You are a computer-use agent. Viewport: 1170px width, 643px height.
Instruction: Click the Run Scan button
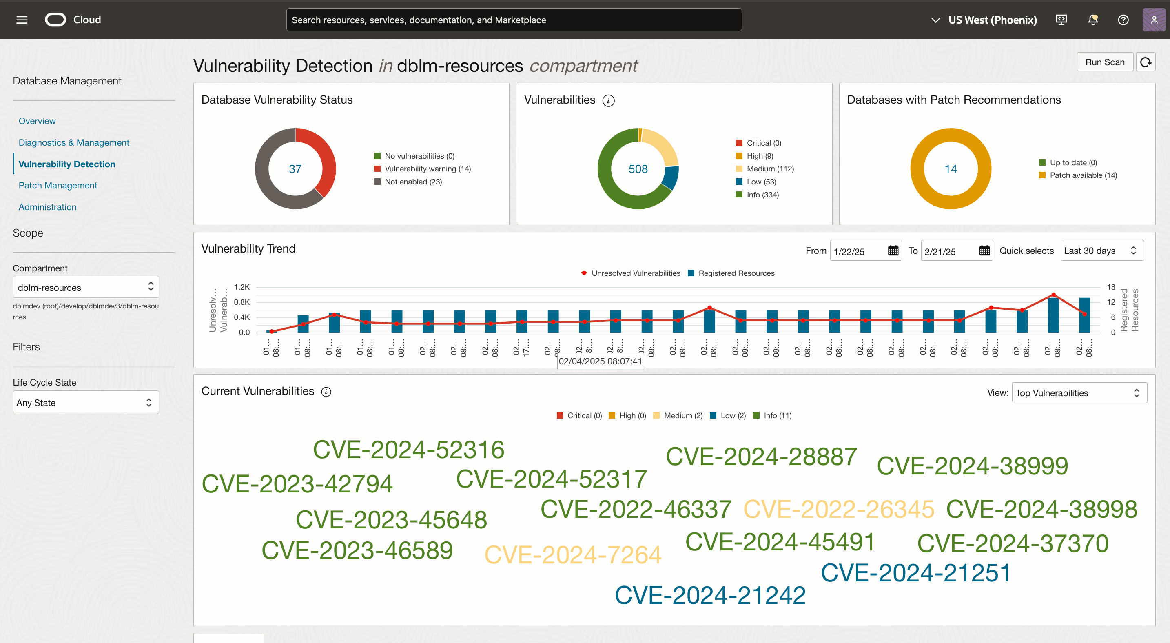[1105, 62]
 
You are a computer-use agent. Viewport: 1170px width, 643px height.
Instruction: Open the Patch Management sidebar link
[58, 185]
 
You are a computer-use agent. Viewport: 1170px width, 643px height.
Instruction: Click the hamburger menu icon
[22, 20]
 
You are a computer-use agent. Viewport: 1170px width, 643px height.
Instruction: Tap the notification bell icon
[1093, 20]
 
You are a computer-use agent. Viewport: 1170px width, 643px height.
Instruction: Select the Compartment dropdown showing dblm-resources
[86, 287]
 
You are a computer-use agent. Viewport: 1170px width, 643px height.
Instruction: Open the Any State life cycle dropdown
[86, 402]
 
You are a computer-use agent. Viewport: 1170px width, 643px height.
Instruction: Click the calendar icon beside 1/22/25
[893, 251]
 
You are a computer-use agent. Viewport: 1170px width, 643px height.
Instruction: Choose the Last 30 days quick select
[1101, 251]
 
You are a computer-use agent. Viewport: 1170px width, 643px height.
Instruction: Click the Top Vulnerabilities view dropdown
[1079, 393]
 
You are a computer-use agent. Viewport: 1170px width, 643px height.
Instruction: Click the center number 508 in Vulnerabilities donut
[638, 169]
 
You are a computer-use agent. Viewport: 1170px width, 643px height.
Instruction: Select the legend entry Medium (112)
[770, 169]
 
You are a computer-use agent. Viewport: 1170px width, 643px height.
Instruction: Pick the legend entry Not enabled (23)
[413, 182]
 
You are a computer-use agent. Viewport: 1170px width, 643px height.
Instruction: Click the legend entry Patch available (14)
[1083, 175]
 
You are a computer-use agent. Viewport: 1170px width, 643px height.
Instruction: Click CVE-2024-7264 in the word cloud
[573, 554]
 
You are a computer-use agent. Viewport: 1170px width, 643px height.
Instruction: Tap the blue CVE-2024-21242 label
[710, 595]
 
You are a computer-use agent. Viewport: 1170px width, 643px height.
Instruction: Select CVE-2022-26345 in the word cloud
[838, 509]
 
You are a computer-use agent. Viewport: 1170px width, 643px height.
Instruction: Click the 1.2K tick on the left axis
[242, 287]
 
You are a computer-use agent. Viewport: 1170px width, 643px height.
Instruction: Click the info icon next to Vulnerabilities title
[608, 100]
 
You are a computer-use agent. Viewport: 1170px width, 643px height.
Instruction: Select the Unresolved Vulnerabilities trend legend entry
[635, 273]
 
